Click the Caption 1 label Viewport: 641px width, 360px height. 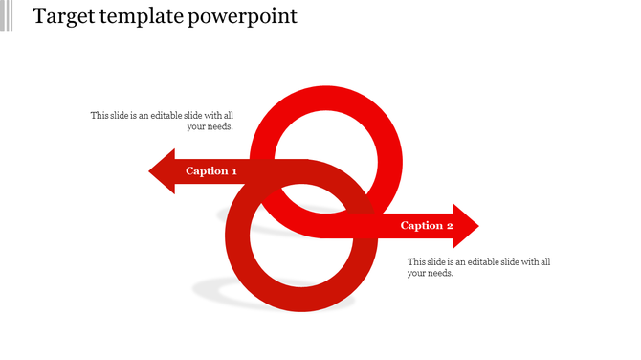click(x=211, y=171)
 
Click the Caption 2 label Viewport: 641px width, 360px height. click(x=427, y=226)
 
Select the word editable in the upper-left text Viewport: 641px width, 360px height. click(x=167, y=115)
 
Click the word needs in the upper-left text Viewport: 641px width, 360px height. click(x=221, y=126)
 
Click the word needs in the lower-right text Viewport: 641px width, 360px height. click(x=440, y=273)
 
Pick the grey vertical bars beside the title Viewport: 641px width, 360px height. click(x=7, y=15)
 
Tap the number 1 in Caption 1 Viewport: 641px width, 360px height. click(x=234, y=171)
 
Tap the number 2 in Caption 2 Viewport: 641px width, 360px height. click(x=450, y=226)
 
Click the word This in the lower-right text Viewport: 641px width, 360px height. click(x=417, y=261)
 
